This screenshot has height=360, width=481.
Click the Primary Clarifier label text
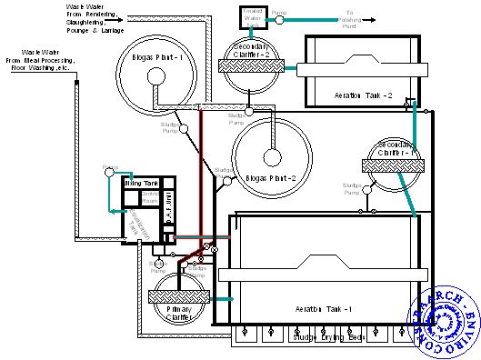[x=182, y=315]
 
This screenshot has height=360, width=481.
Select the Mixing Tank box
[x=141, y=183]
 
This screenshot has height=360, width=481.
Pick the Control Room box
[x=151, y=198]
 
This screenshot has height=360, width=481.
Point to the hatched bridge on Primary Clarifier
[x=180, y=295]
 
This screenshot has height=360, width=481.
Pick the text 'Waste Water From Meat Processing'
[x=42, y=60]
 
